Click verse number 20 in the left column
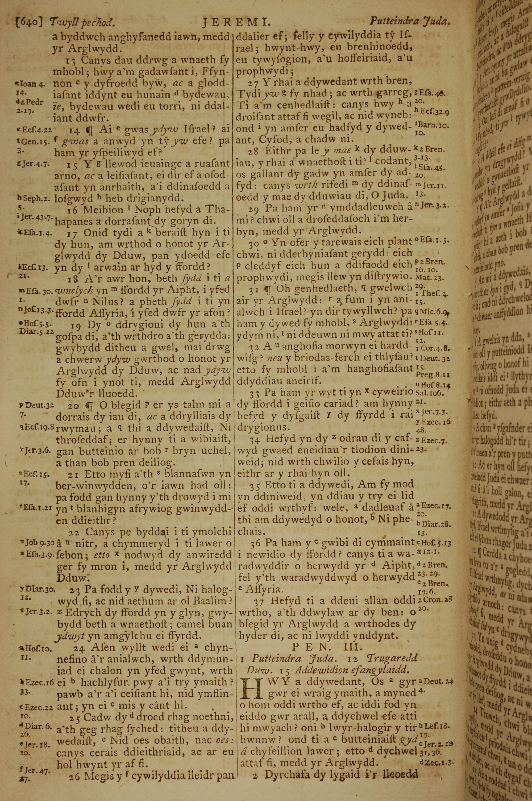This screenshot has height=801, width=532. (74, 405)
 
